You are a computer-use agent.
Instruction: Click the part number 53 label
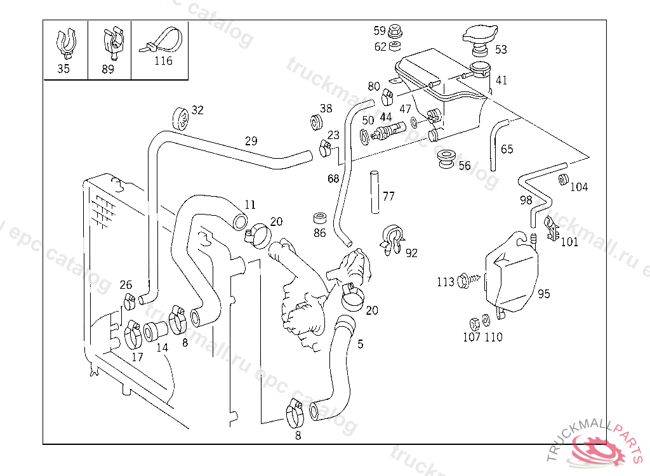(501, 50)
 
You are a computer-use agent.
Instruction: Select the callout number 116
(163, 62)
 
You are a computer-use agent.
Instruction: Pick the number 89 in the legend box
(108, 69)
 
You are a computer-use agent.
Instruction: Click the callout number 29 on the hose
(251, 141)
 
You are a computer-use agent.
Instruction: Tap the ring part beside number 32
(181, 118)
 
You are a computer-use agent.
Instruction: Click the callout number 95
(543, 294)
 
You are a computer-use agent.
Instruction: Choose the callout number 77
(388, 196)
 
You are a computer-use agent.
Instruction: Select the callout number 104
(579, 187)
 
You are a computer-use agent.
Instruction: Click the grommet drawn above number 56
(447, 157)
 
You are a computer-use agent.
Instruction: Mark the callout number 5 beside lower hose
(361, 344)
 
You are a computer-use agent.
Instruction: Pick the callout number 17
(137, 357)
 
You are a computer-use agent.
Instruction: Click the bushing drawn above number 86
(320, 217)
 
